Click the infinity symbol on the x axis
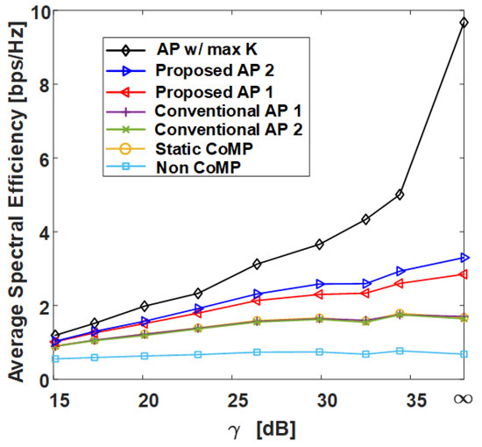[462, 400]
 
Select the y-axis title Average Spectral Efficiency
[15, 197]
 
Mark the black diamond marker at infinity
[462, 23]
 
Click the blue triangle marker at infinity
[462, 258]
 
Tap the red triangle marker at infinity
[462, 274]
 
